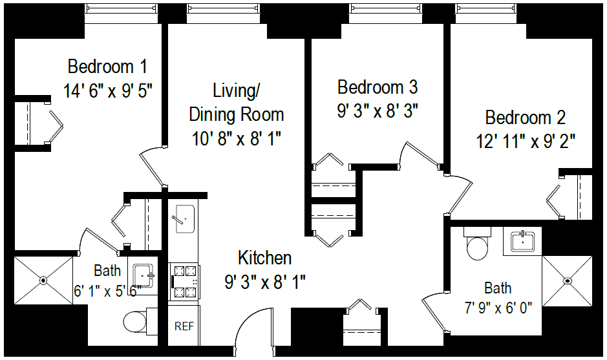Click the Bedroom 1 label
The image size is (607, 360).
(107, 67)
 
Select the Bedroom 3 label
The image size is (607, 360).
(378, 87)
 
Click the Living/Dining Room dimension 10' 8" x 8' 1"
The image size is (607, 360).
(237, 138)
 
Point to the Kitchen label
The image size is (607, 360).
(264, 258)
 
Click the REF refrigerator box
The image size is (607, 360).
(184, 326)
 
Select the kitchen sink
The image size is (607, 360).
(184, 218)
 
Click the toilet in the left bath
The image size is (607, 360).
(136, 321)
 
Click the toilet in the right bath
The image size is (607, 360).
(479, 246)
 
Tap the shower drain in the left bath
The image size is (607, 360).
(43, 281)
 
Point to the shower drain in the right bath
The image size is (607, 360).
(567, 281)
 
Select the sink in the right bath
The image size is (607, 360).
(522, 241)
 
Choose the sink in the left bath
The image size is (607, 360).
(143, 275)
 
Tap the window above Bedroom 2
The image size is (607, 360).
(487, 10)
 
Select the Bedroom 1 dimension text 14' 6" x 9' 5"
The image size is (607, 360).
(107, 90)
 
